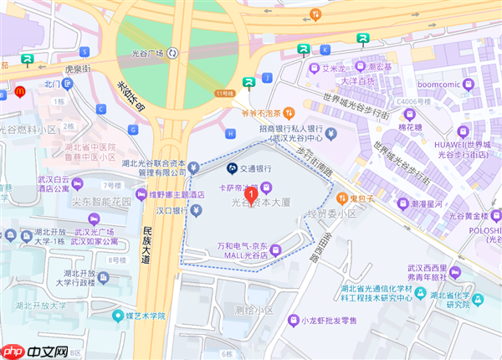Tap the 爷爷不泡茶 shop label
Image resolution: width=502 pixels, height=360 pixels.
(256, 112)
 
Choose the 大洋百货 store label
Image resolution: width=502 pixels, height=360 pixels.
(361, 80)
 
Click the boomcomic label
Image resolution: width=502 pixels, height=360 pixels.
(440, 84)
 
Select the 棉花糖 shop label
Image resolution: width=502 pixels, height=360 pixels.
(411, 126)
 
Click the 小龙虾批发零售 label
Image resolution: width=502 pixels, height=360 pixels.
(329, 321)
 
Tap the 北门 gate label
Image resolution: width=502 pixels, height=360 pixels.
(52, 84)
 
